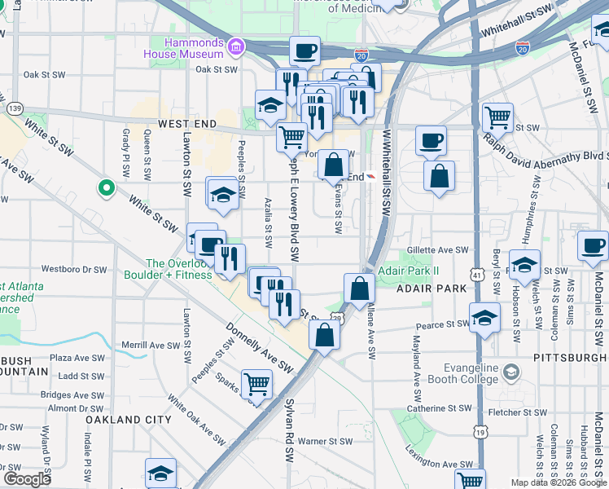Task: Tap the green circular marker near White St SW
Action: coord(106,189)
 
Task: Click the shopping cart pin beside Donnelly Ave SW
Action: coord(257,381)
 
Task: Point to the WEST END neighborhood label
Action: coord(187,124)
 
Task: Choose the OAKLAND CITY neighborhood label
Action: coord(129,420)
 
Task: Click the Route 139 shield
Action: coord(14,108)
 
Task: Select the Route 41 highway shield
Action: coord(475,276)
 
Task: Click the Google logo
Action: coord(27,479)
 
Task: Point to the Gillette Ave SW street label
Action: coord(440,251)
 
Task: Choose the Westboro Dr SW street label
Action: coord(74,268)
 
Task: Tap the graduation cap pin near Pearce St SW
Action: coord(484,317)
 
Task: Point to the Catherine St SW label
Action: coord(440,408)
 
